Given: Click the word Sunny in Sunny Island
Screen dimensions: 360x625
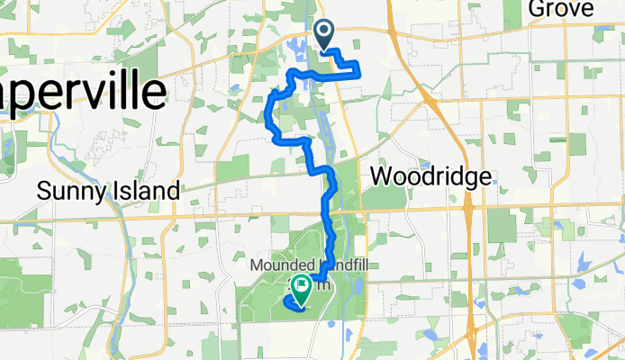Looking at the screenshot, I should (71, 191).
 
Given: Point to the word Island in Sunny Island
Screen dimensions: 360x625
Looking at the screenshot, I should (145, 191).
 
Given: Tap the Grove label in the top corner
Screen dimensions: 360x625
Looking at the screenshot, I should (560, 9).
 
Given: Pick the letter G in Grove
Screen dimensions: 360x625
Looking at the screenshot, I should (536, 9).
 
